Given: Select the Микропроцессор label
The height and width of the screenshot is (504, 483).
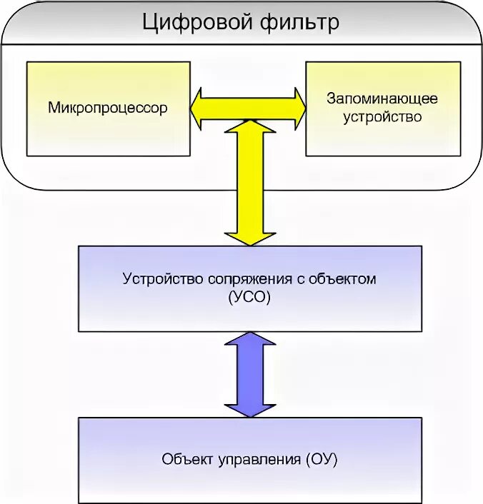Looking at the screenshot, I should click(108, 109).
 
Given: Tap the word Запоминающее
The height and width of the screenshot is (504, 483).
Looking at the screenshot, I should click(382, 99).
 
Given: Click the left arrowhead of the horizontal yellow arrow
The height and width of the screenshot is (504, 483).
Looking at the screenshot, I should click(201, 108).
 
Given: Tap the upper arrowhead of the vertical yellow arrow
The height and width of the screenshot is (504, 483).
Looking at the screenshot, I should click(249, 129).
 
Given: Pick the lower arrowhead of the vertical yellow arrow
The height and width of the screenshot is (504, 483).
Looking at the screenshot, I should click(249, 236).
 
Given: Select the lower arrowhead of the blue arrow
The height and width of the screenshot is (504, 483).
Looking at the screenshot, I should click(249, 408).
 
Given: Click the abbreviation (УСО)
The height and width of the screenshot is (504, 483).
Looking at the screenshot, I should click(249, 296).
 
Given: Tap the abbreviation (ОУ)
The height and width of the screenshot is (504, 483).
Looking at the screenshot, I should click(320, 459).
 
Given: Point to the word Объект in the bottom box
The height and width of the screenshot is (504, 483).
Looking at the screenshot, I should click(184, 459).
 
